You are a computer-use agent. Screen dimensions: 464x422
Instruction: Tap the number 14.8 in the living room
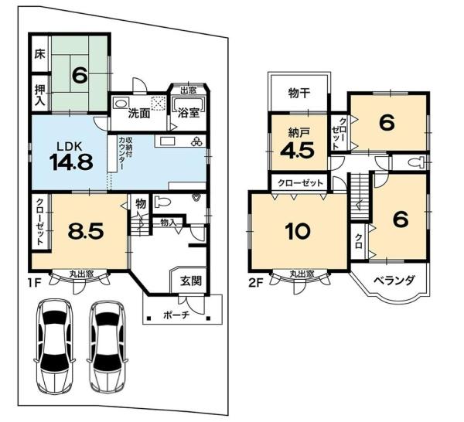coord(71,162)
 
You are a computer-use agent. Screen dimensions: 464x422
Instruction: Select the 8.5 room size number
coord(86,231)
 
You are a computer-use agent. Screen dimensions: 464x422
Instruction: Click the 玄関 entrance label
coord(191,281)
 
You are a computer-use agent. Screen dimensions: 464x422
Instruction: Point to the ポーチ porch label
coord(176,315)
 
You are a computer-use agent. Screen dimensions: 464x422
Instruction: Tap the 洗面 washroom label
coord(139,114)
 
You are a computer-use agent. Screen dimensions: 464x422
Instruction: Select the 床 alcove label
coord(39,54)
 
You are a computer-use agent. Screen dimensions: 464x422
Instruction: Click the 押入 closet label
coord(39,95)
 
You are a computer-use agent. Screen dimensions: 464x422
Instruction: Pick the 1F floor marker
coord(34,283)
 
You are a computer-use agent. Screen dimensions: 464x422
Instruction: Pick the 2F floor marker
coord(256,283)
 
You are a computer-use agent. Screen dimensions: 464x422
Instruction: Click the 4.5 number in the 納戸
coord(297,151)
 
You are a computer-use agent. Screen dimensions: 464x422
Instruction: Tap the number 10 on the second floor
coord(298,231)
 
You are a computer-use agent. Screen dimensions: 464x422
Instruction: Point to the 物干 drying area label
coord(299,94)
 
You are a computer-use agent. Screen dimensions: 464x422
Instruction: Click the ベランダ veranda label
coord(394,281)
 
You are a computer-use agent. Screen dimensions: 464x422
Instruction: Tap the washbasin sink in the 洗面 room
coord(121,104)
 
